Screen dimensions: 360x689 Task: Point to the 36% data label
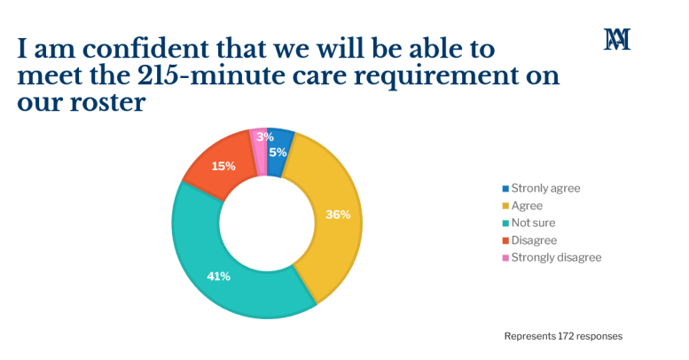[x=338, y=214]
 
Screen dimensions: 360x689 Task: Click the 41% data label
[x=218, y=277]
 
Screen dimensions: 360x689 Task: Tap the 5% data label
[x=278, y=153]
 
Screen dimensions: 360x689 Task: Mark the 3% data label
[x=265, y=137]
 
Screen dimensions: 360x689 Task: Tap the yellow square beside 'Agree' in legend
[x=505, y=206]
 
